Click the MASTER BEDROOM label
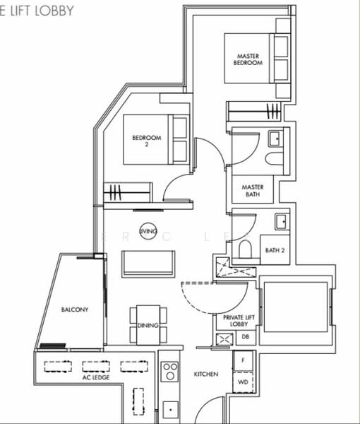pos(248,59)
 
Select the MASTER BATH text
pos(252,191)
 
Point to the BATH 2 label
pos(274,250)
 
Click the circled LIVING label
pos(148,231)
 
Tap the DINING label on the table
pos(148,326)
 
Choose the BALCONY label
pos(74,310)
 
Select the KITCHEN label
pos(205,374)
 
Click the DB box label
pos(245,337)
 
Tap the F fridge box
pos(244,361)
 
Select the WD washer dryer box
pos(244,382)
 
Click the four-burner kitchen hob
pos(169,372)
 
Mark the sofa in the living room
pos(147,263)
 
